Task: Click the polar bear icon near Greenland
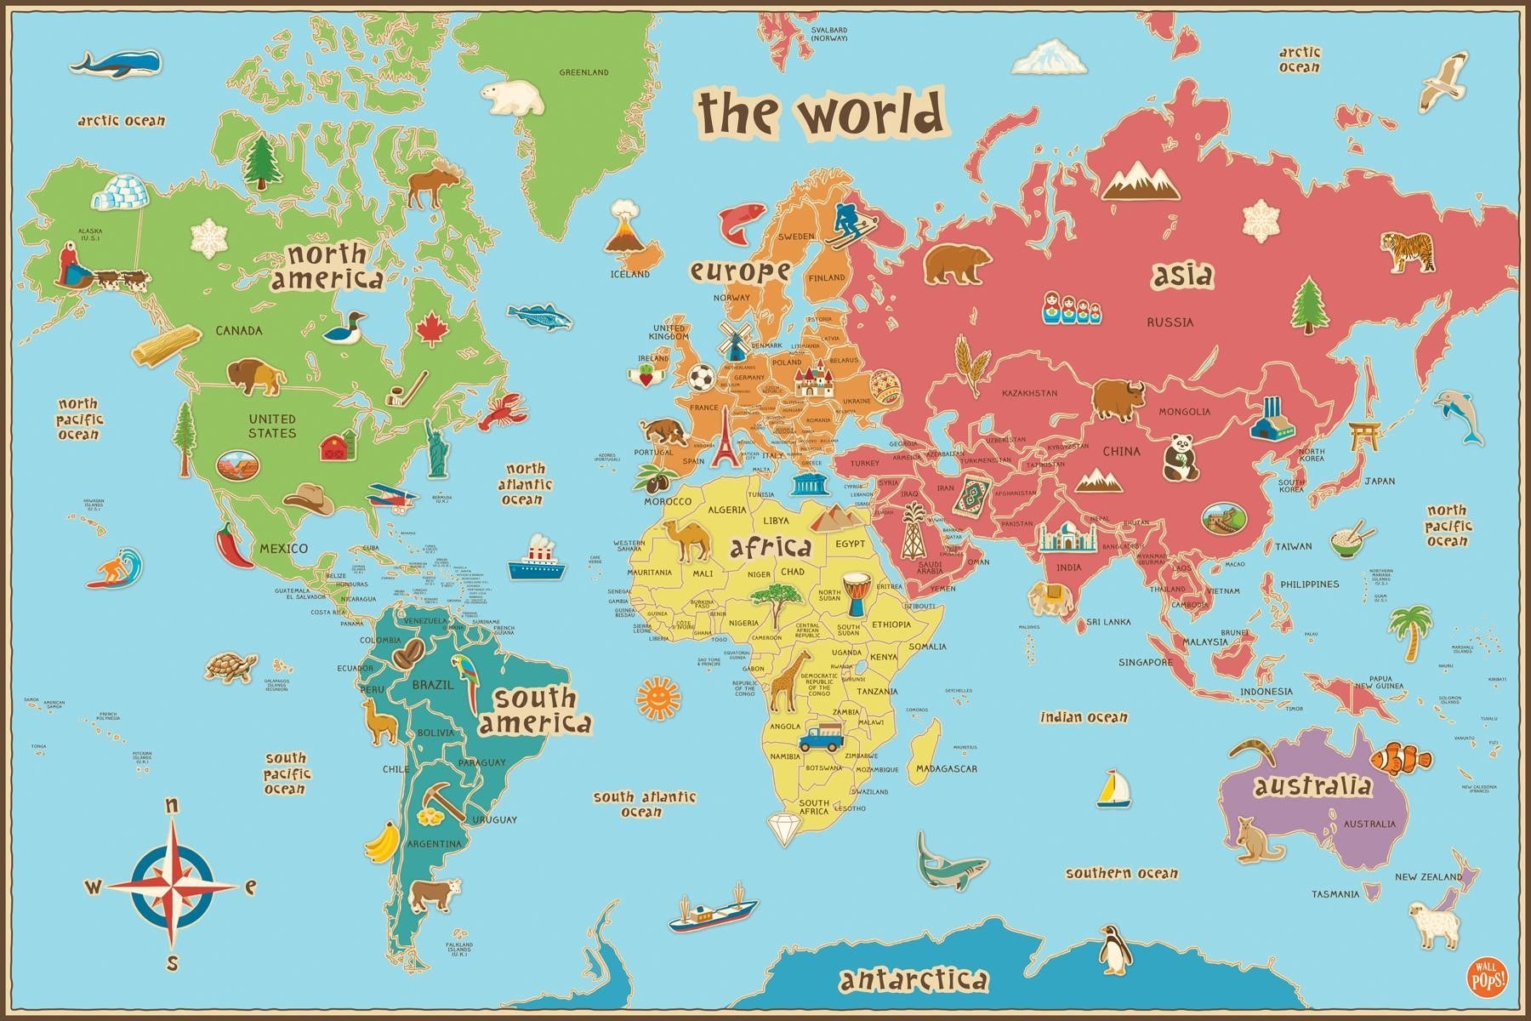(513, 98)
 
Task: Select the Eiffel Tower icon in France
(724, 440)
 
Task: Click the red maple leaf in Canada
(431, 329)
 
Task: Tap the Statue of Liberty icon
(437, 448)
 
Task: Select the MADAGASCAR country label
(946, 768)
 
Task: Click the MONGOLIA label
(1184, 412)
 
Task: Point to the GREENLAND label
(583, 72)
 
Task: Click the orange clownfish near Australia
(1399, 756)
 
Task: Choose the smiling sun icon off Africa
(658, 698)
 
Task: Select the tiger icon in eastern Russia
(1407, 253)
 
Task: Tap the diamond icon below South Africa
(783, 827)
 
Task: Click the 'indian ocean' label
(1084, 717)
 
